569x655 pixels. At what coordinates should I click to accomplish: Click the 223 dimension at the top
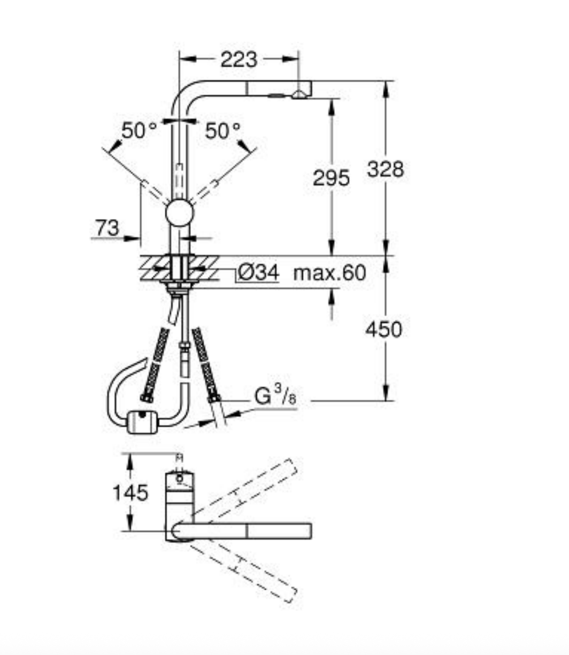[x=239, y=59]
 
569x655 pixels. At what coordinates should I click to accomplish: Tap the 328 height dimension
[x=386, y=169]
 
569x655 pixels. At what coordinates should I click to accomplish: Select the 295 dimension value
[x=331, y=178]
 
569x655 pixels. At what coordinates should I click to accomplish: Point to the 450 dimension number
[x=384, y=330]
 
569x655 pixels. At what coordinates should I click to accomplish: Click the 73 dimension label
[x=107, y=228]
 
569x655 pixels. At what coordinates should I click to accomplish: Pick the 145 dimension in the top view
[x=130, y=493]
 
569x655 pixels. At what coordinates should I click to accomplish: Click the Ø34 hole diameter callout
[x=258, y=273]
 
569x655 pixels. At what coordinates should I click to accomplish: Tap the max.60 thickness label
[x=329, y=273]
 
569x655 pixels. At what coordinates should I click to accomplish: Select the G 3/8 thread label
[x=275, y=395]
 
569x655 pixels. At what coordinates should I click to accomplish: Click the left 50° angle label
[x=139, y=130]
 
